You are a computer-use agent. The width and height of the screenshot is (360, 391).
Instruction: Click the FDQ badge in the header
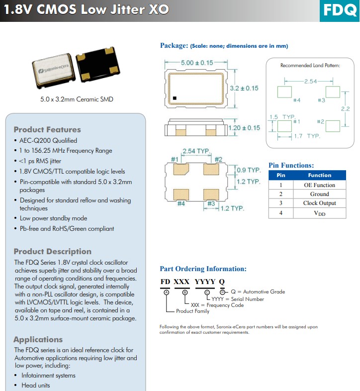pyautogui.click(x=340, y=10)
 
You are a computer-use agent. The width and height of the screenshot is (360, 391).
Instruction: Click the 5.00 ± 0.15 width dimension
pyautogui.click(x=196, y=63)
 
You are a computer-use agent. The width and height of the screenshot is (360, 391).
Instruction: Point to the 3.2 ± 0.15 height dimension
pyautogui.click(x=244, y=88)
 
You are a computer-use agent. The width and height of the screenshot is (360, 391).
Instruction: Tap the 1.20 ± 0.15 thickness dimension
pyautogui.click(x=244, y=128)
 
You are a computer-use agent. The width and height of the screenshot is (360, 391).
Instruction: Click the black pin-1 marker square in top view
pyautogui.click(x=175, y=98)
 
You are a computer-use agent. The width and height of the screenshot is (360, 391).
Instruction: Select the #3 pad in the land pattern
pyautogui.click(x=333, y=92)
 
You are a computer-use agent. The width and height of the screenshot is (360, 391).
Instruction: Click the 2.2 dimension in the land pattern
pyautogui.click(x=346, y=108)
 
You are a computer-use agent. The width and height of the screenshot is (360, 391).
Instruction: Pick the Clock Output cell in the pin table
pyautogui.click(x=319, y=203)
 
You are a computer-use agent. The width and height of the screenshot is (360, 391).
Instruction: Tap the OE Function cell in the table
pyautogui.click(x=319, y=185)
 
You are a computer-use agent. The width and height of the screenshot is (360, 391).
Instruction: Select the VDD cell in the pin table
pyautogui.click(x=319, y=213)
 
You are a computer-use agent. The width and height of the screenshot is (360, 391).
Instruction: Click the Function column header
pyautogui.click(x=319, y=175)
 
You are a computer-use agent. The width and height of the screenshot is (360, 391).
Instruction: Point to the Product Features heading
pyautogui.click(x=47, y=129)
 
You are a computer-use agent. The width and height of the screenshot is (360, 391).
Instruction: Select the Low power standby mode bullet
pyautogui.click(x=53, y=218)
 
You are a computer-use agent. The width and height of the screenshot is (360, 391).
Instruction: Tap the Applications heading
pyautogui.click(x=38, y=339)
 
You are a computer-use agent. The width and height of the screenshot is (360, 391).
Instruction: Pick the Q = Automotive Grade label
pyautogui.click(x=258, y=292)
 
